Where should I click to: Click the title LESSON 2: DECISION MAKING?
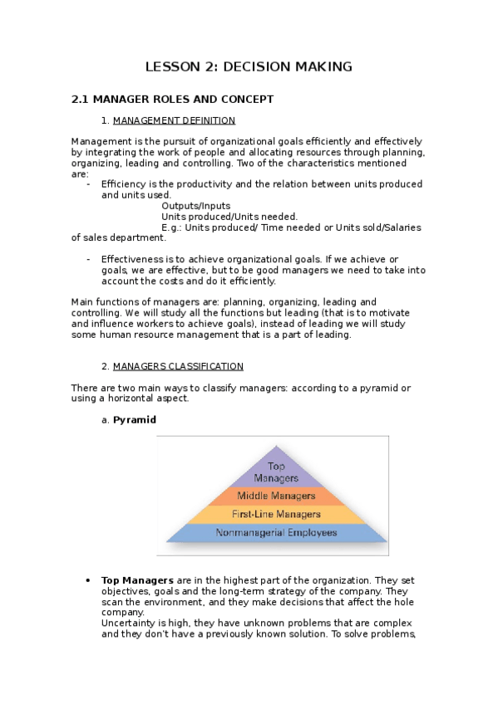click(249, 66)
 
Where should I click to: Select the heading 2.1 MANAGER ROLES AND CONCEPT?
click(172, 100)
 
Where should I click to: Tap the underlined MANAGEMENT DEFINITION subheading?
click(174, 120)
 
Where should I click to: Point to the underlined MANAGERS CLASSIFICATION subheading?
click(178, 366)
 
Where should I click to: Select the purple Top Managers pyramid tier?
click(276, 472)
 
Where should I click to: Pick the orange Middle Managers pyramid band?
click(276, 496)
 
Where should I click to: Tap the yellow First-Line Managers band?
click(276, 515)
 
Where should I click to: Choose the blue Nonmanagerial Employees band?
click(276, 532)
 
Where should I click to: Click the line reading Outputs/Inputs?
click(196, 206)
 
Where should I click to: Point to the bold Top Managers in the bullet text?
click(137, 580)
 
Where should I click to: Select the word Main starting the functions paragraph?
click(84, 302)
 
